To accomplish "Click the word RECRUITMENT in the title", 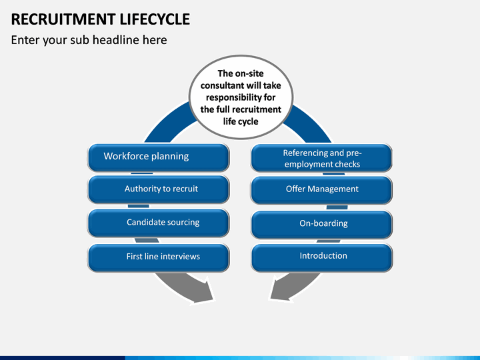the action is click(x=63, y=19).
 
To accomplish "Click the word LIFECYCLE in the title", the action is click(x=155, y=19).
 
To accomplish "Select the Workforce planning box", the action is click(x=158, y=157).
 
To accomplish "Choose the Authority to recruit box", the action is click(x=158, y=189).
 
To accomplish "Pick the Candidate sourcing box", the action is click(x=158, y=223).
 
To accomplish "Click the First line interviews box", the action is click(x=158, y=257).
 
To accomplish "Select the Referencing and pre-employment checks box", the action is click(x=321, y=158).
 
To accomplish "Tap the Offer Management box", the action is click(x=321, y=190).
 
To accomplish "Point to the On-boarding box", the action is click(x=321, y=224).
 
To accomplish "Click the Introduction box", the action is click(x=321, y=257).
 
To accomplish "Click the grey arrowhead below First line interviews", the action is click(x=202, y=291).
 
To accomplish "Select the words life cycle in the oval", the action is click(x=241, y=121).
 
